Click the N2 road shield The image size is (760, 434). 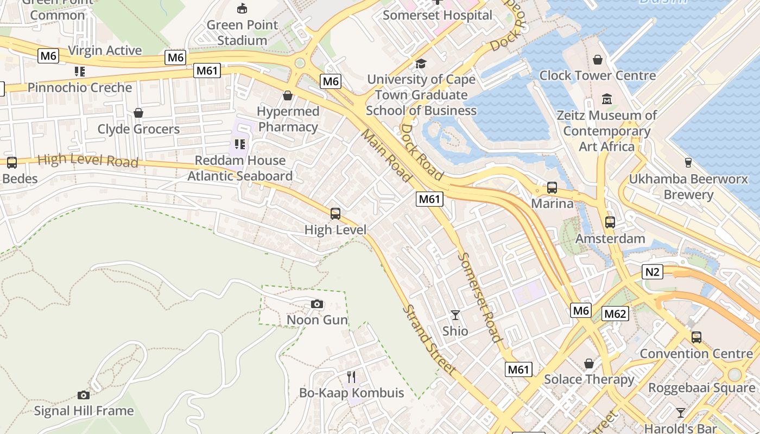(x=652, y=272)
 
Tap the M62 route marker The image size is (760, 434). (x=615, y=314)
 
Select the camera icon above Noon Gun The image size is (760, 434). (x=317, y=304)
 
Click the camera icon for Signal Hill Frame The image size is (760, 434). (x=84, y=395)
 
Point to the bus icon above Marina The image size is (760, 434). (x=552, y=188)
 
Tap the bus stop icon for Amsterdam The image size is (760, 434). (x=610, y=222)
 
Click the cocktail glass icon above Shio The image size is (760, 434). (x=455, y=315)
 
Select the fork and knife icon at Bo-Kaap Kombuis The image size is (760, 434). (x=351, y=376)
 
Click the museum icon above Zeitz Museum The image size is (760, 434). (x=607, y=100)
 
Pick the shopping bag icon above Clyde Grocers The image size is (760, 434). (x=138, y=113)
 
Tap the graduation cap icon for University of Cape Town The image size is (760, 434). (x=421, y=64)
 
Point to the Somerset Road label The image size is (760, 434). (x=479, y=297)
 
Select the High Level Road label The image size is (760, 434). (x=88, y=161)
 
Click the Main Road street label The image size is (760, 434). (x=386, y=155)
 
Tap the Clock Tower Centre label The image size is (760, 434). (x=597, y=75)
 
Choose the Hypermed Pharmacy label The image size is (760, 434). (x=288, y=119)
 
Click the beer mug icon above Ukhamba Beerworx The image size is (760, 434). (x=688, y=163)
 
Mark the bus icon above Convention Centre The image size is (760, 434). (x=696, y=337)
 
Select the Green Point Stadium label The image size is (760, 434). (x=242, y=33)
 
